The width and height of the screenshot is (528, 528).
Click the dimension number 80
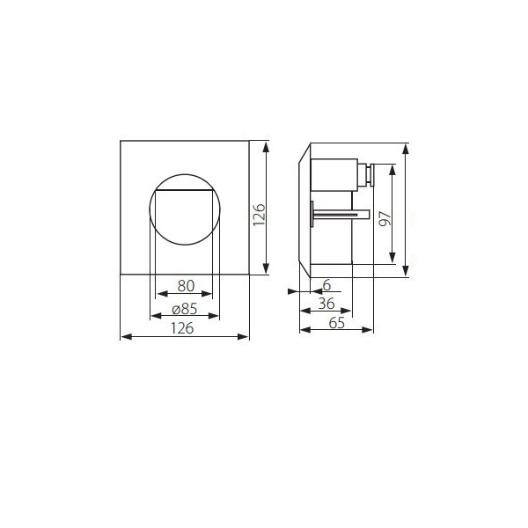pyautogui.click(x=186, y=286)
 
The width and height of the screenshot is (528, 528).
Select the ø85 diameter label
pyautogui.click(x=185, y=309)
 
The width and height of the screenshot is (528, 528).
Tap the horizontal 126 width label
pyautogui.click(x=182, y=328)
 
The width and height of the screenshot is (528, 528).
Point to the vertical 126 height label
pyautogui.click(x=260, y=215)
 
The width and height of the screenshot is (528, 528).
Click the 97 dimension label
pyautogui.click(x=385, y=218)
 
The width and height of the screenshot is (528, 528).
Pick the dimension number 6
pyautogui.click(x=326, y=285)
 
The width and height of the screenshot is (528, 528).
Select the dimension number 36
pyautogui.click(x=326, y=304)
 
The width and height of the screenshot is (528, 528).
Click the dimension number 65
pyautogui.click(x=337, y=323)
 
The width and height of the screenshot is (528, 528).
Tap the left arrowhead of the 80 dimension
pyautogui.click(x=162, y=294)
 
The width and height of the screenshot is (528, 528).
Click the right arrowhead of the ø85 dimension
pyautogui.click(x=214, y=316)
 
